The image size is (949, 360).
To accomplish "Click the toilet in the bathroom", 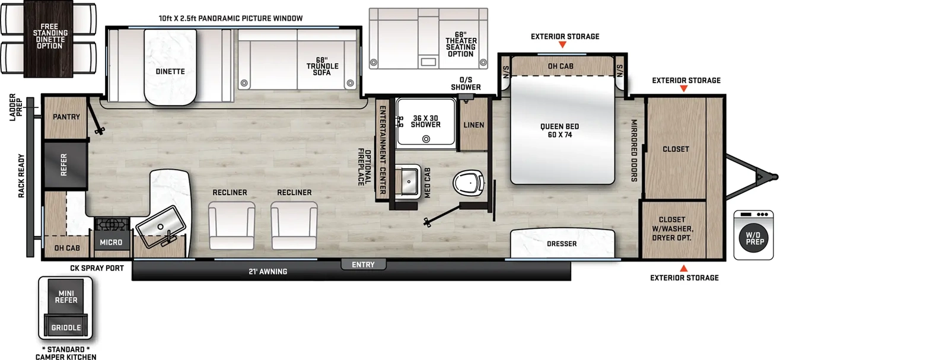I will click(470, 182).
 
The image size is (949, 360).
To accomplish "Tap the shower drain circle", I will click(426, 139).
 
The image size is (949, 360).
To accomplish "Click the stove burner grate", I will click(111, 224).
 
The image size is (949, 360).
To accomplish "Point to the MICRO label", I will click(111, 243).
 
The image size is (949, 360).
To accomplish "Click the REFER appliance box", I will click(65, 165).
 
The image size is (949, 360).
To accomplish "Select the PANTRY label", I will click(66, 117).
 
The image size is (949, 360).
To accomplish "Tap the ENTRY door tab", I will click(363, 265).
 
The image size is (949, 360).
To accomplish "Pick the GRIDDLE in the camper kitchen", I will click(66, 327).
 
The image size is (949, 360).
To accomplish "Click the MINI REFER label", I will click(66, 297).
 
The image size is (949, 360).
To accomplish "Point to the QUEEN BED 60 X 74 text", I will click(559, 130).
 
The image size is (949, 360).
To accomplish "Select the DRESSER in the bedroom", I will click(562, 244).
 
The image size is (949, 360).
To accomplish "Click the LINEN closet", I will click(473, 125).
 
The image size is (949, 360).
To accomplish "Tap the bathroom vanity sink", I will click(409, 181).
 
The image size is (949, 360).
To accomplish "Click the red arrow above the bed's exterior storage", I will click(562, 44).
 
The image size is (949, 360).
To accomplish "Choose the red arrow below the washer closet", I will click(684, 268).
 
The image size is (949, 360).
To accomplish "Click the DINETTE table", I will click(170, 67).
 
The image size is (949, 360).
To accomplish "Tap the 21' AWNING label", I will click(267, 272).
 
